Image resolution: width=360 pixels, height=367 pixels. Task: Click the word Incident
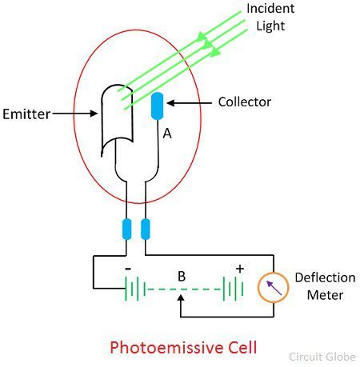coord(270,8)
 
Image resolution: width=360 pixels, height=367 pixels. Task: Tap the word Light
coord(270,26)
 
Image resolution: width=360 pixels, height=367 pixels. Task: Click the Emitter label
coord(26,114)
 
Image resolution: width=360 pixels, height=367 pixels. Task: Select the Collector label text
coord(245,102)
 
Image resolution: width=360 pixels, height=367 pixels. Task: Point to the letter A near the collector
coord(167,134)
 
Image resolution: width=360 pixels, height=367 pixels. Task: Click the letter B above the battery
coord(182,277)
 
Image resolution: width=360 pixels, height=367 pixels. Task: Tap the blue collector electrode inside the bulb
coord(157,106)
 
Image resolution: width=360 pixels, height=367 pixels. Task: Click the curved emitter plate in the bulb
coord(117,120)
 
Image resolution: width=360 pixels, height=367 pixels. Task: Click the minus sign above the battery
coord(128,269)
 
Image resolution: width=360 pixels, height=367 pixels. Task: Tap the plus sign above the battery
coord(240,269)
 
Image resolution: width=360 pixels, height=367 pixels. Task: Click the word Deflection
coord(325,277)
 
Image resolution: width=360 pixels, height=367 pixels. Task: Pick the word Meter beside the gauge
coord(325,295)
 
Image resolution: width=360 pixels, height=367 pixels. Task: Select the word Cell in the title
coord(242,347)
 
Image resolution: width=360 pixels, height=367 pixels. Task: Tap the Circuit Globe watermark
coord(322,357)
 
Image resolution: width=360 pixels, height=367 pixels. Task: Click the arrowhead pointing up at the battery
coord(181,297)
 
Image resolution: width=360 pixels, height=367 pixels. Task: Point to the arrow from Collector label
coord(190,103)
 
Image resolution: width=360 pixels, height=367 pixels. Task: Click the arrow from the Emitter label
coord(75,114)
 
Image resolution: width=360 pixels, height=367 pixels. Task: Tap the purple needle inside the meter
coord(274,288)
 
